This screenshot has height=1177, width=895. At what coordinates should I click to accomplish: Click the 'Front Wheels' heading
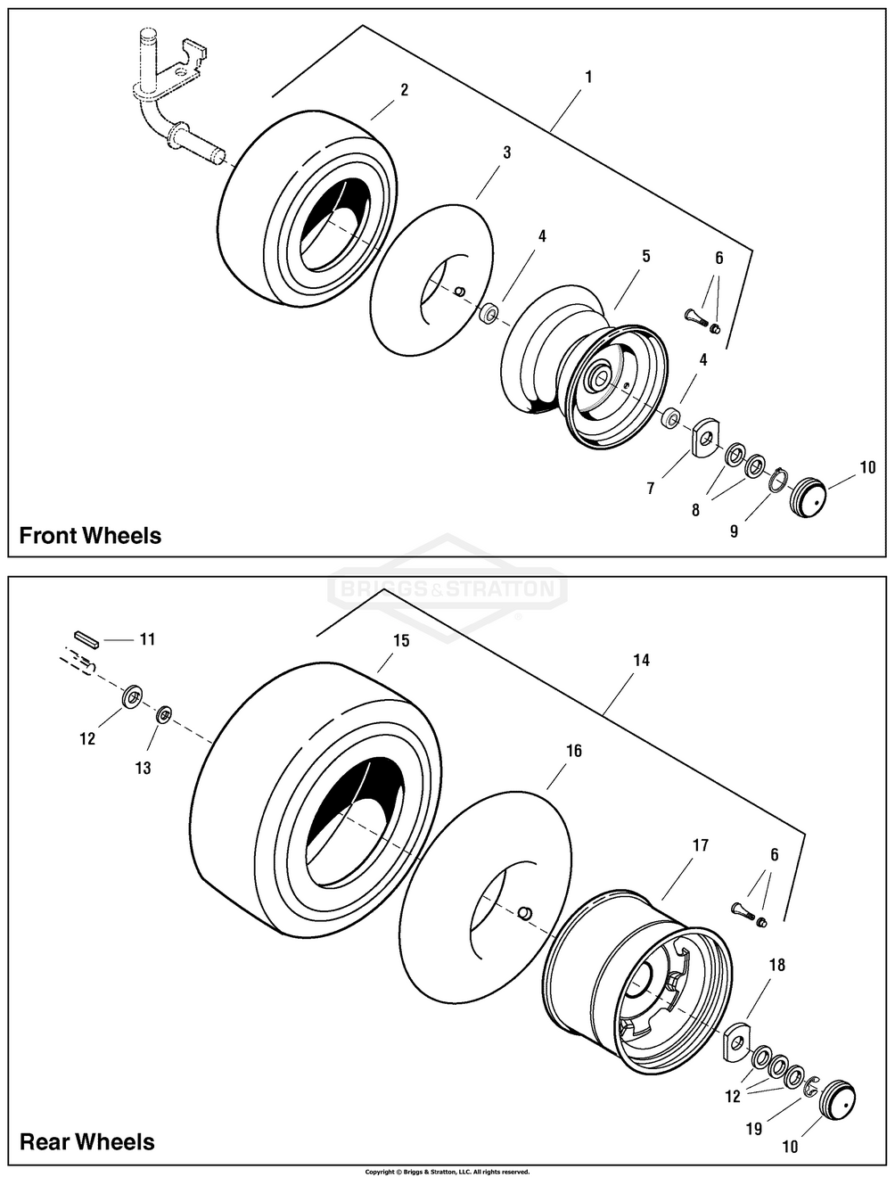tap(90, 536)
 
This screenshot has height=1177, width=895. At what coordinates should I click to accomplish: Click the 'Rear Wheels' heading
tap(86, 1142)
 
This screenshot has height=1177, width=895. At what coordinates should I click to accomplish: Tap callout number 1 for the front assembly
tap(588, 78)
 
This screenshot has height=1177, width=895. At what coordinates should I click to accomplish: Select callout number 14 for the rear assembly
tap(641, 660)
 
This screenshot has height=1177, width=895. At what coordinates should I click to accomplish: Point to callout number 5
tap(645, 256)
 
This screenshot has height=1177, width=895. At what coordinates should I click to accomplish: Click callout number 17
tap(701, 845)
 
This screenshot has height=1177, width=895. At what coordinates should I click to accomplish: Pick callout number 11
tap(147, 639)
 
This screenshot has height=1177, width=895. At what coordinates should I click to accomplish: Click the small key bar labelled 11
tap(86, 639)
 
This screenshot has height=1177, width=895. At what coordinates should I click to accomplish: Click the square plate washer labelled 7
tap(706, 437)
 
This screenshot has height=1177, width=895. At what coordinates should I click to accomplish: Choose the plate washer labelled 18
tap(736, 1041)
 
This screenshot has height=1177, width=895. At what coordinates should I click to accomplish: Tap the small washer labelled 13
tap(165, 715)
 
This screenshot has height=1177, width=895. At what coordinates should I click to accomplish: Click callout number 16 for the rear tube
tap(574, 752)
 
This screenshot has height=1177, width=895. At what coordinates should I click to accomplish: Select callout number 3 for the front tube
tap(506, 152)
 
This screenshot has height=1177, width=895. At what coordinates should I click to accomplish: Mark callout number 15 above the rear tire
tap(401, 641)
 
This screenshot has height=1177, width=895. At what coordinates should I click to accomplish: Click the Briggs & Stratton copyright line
tap(447, 1172)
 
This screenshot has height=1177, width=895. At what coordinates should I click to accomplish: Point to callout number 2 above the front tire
tap(404, 90)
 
